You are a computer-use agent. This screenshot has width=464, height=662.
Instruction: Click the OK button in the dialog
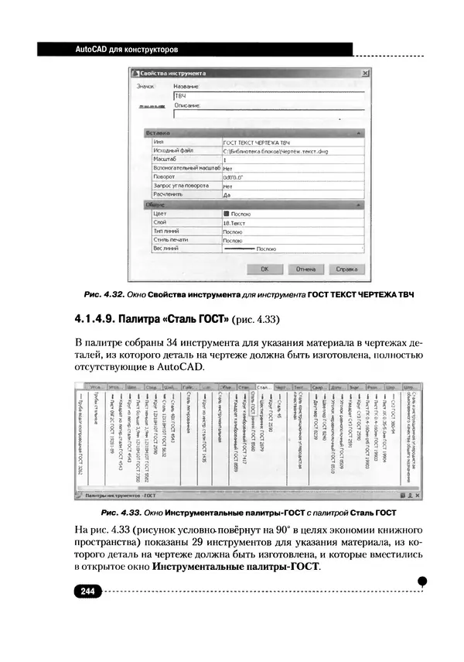(264, 269)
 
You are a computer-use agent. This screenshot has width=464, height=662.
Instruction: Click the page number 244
(86, 592)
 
